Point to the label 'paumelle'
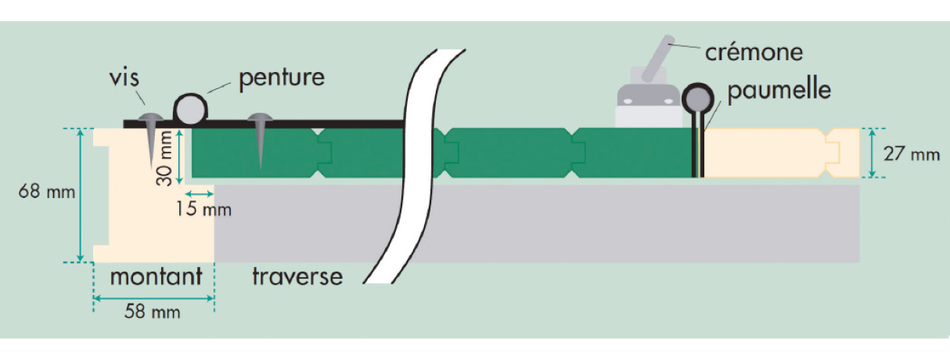(779, 90)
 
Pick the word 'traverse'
(297, 276)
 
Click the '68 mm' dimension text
(48, 192)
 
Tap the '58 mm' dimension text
(153, 312)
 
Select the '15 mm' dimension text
(206, 210)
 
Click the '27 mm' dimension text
(912, 154)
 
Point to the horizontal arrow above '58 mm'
(153, 297)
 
